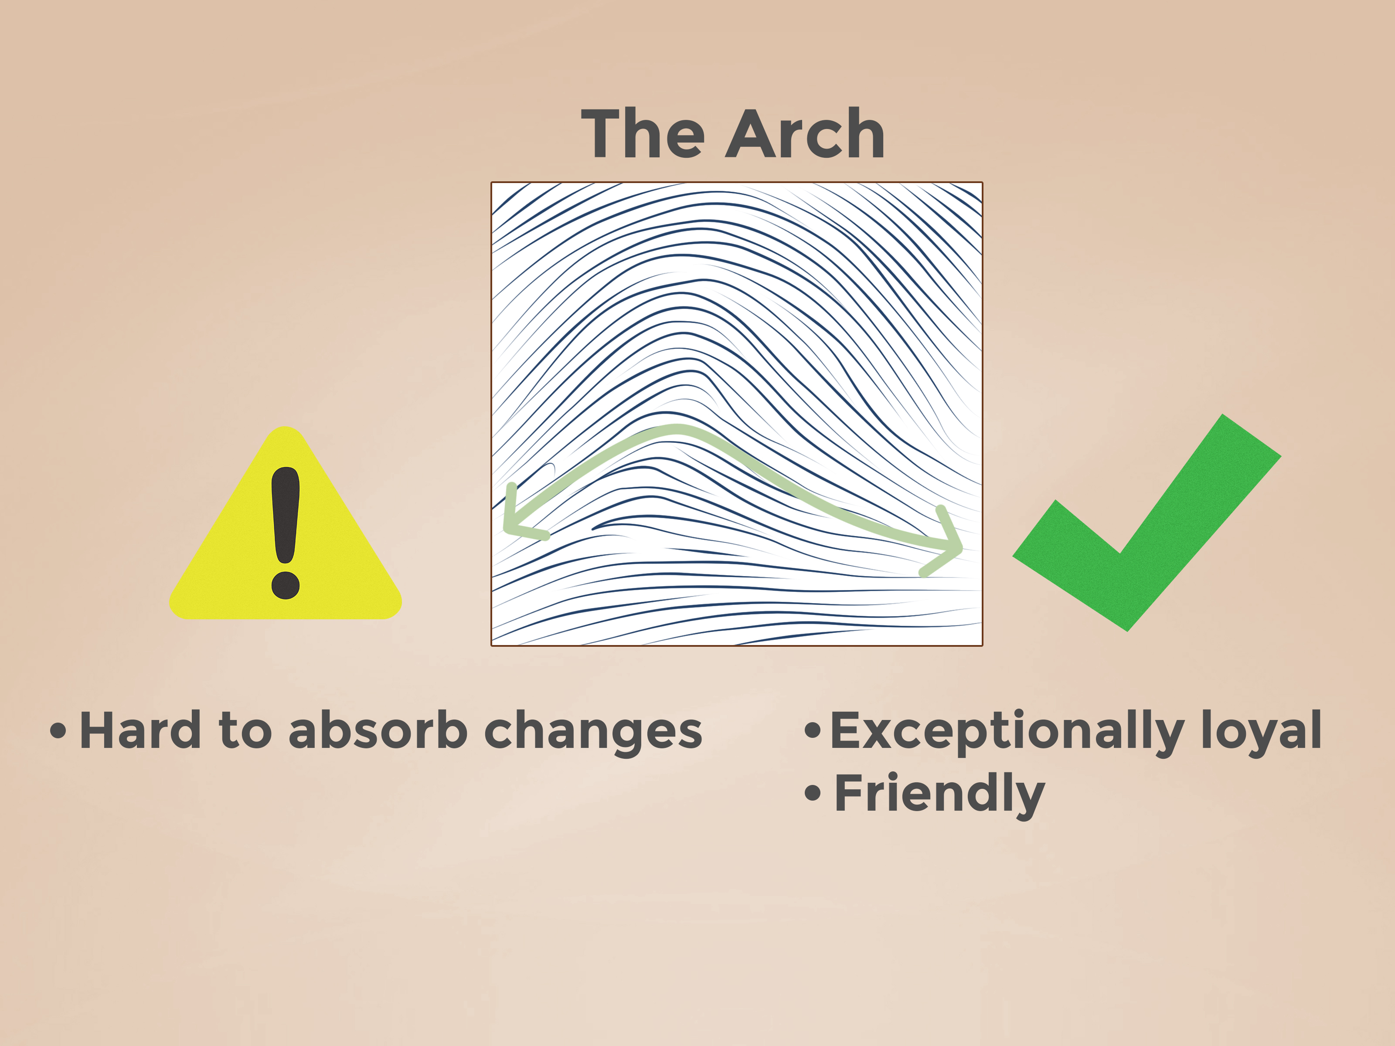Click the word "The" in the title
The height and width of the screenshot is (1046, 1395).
point(642,134)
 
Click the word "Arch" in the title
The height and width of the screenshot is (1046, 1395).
point(805,134)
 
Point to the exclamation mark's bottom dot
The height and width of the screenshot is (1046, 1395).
point(286,585)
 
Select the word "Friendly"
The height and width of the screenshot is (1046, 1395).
point(940,795)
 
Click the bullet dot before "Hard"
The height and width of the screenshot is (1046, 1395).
point(58,731)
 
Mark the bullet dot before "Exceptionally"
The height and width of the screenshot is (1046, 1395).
point(813,731)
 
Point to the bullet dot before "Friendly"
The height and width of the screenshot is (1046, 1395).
point(813,793)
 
